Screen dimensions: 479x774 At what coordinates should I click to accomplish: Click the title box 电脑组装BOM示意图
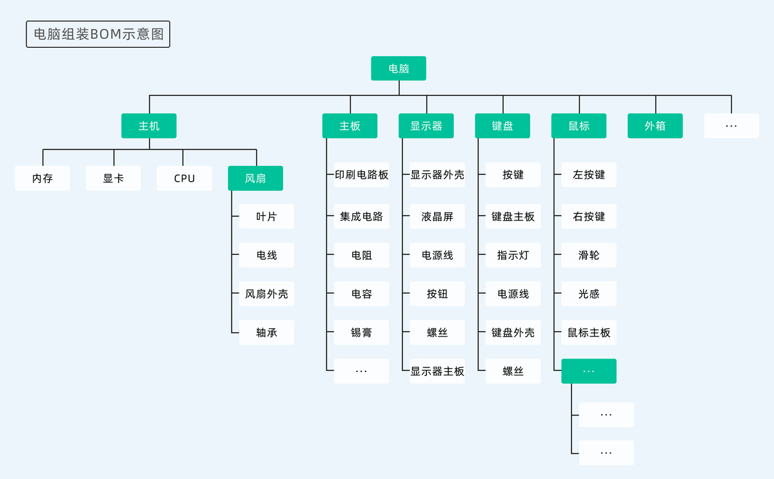(98, 35)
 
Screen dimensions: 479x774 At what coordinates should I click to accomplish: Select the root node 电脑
(399, 68)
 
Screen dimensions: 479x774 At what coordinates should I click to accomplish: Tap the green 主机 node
(149, 126)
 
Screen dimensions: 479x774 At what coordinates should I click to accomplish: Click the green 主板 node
(350, 126)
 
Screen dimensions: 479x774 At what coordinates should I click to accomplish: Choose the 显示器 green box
(426, 126)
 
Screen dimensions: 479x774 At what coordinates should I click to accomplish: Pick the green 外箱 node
(655, 126)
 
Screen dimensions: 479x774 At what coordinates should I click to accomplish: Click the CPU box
(184, 179)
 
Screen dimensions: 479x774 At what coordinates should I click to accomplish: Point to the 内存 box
(43, 179)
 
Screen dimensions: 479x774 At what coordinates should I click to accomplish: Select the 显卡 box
(114, 179)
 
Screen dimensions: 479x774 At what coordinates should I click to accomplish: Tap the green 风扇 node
(255, 179)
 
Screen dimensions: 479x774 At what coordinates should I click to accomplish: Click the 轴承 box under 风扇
(266, 333)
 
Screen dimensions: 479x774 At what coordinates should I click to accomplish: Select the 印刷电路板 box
(361, 175)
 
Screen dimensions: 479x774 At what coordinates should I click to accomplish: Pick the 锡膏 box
(361, 333)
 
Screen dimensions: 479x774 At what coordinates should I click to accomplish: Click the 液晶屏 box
(437, 217)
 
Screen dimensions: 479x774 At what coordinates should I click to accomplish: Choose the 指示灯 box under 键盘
(513, 255)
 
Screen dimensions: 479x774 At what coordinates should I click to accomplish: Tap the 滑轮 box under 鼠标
(589, 255)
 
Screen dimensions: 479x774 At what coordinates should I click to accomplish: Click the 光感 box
(589, 294)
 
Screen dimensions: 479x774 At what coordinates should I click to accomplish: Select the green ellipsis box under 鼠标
(589, 371)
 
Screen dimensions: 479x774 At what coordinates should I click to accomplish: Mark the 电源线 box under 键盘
(513, 294)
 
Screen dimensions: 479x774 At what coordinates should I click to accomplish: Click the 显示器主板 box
(437, 371)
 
